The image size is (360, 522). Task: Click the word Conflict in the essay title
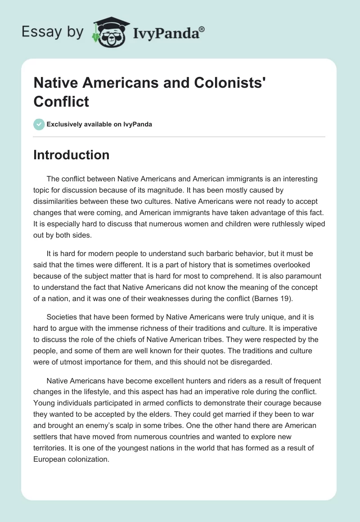[x=61, y=101]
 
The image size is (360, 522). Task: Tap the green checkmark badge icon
[x=39, y=124]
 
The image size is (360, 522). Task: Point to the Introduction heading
[x=72, y=155]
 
